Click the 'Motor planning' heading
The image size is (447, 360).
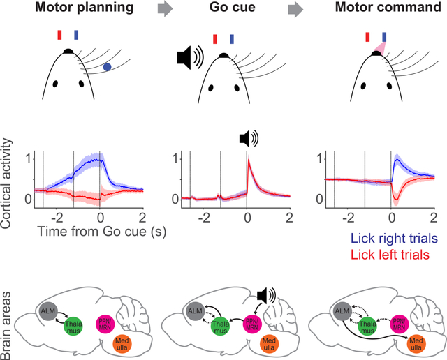click(x=71, y=10)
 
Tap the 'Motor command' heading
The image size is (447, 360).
click(x=378, y=10)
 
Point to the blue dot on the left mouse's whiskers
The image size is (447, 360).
click(x=106, y=67)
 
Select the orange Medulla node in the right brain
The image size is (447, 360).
click(x=417, y=343)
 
